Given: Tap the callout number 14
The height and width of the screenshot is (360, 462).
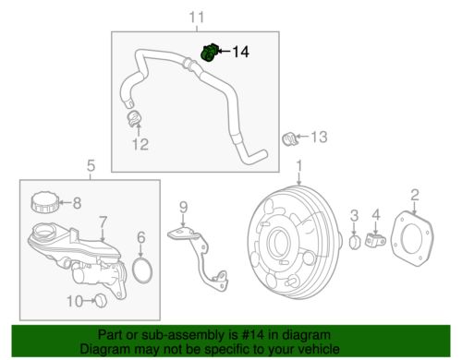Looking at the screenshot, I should tap(240, 54).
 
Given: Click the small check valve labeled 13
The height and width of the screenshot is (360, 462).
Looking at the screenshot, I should tap(287, 138).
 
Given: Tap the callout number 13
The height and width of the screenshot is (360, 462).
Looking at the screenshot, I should tap(317, 138).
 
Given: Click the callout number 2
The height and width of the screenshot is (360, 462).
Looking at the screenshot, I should tap(415, 194).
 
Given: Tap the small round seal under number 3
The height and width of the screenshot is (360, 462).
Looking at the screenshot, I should tap(355, 243).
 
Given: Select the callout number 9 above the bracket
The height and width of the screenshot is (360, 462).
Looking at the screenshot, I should tap(183, 206).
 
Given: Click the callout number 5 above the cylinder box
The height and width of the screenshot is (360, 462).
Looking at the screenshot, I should tap(90, 167).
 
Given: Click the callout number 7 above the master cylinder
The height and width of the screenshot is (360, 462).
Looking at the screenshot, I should tap(103, 221).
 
